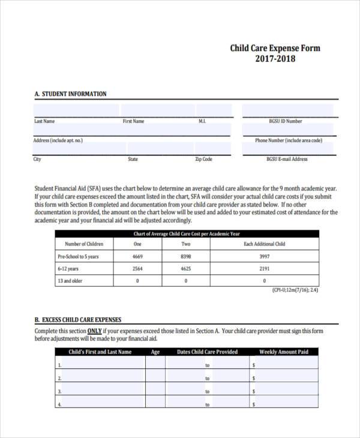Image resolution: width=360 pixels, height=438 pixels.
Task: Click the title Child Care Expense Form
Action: pos(275,48)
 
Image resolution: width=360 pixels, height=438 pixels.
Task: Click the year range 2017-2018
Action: pos(275,59)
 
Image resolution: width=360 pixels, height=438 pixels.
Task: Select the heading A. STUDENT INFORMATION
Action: pos(70,94)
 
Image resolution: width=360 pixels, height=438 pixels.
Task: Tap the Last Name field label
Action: pos(44,121)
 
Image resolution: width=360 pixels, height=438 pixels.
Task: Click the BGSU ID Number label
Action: pos(286,121)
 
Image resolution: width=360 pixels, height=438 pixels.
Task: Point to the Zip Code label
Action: pos(203,160)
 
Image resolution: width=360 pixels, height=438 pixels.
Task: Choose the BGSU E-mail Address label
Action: pos(287,160)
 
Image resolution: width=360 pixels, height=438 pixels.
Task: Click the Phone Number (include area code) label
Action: pos(288,140)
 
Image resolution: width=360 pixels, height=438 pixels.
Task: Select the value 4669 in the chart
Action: pos(137,256)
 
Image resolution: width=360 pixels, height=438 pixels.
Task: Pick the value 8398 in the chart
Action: pos(185,256)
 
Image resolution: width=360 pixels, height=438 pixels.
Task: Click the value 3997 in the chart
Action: pos(264,256)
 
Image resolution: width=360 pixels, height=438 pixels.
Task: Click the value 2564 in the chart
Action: pos(137,269)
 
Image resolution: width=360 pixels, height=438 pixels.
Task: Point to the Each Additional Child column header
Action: pos(264,244)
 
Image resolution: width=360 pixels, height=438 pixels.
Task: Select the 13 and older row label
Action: pos(70,281)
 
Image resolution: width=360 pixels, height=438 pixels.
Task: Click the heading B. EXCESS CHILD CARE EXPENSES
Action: pos(78,320)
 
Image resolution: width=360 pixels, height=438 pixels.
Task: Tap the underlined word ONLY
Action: pos(94,331)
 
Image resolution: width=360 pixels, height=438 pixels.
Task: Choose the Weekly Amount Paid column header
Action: pos(283,352)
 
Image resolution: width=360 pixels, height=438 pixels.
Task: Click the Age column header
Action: pos(155,352)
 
